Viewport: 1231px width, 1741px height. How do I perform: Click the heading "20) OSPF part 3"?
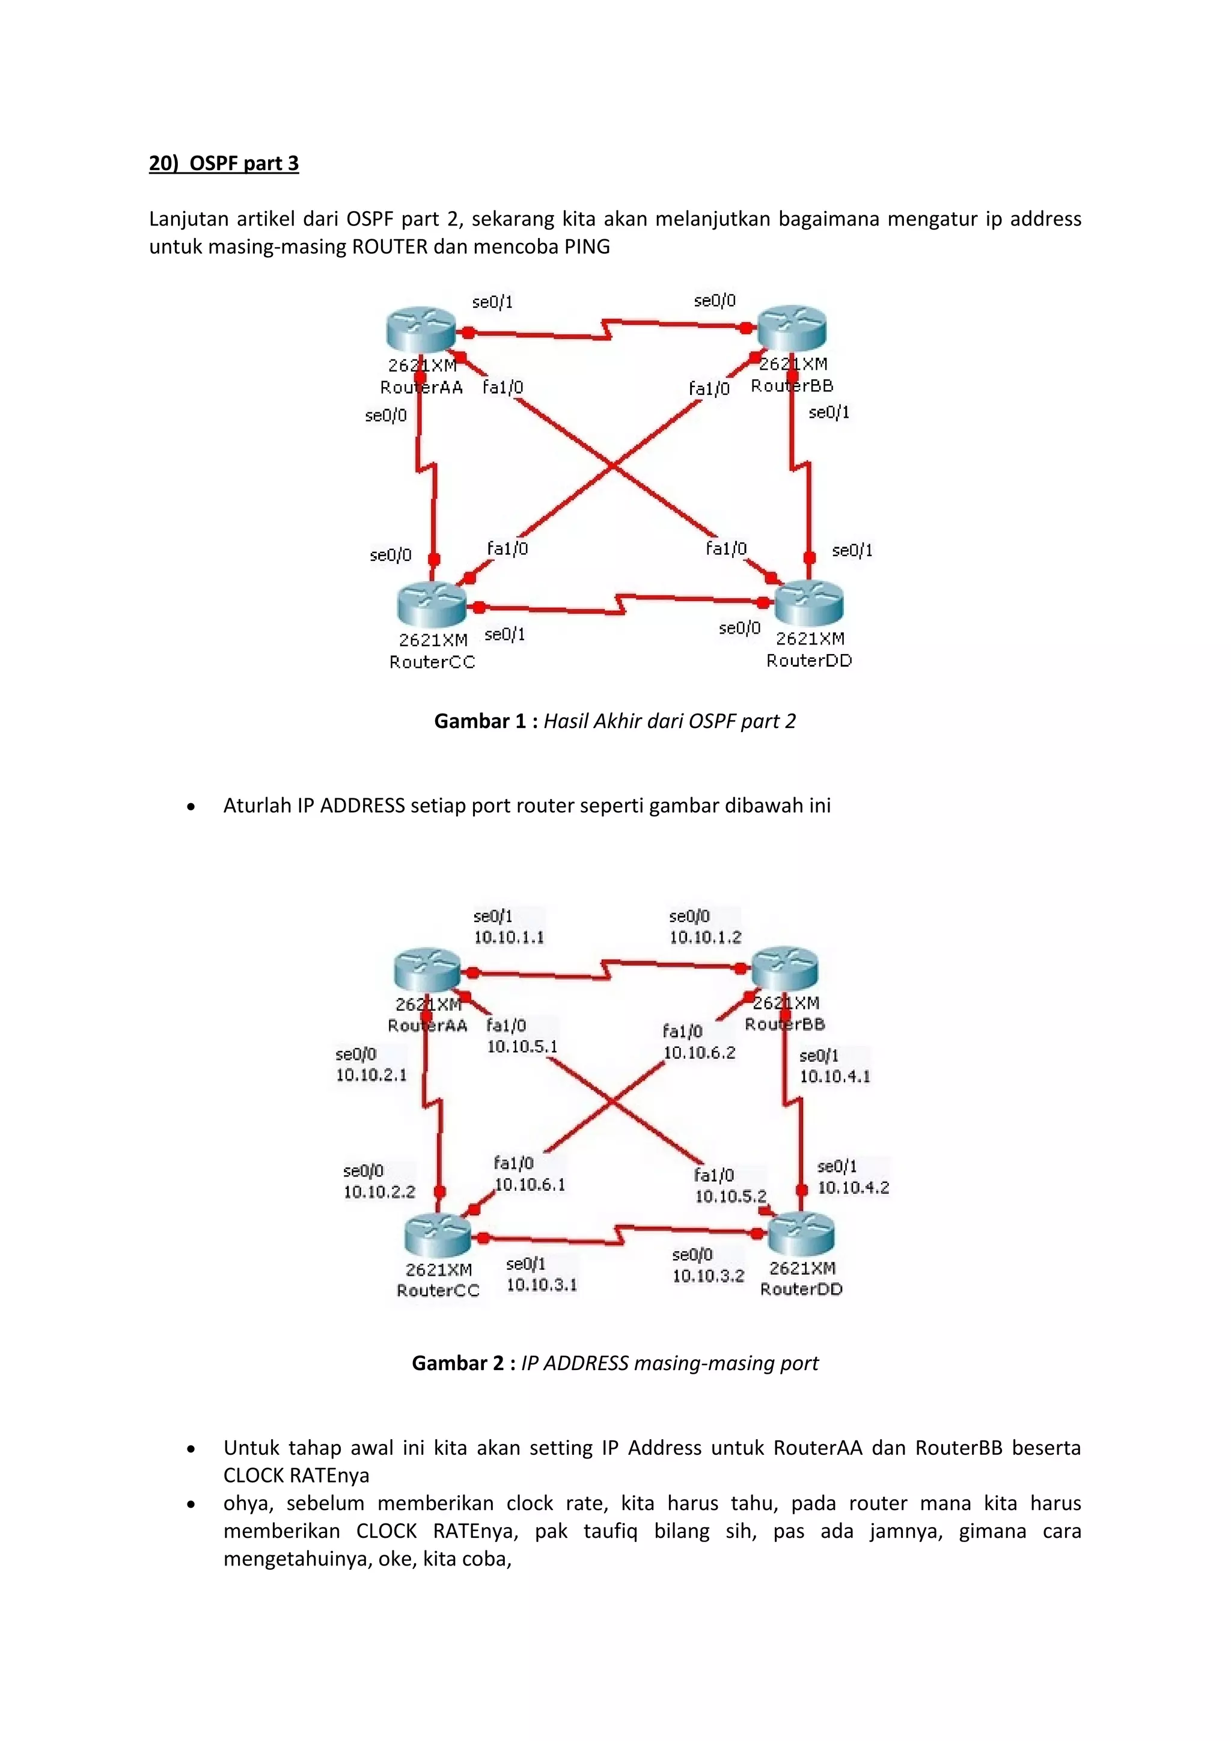[224, 163]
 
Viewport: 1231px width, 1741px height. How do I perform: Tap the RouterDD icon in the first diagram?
[809, 604]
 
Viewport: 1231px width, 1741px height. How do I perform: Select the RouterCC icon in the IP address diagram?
[438, 1235]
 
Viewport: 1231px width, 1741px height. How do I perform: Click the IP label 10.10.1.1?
[509, 937]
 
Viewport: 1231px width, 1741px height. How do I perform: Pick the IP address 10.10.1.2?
[705, 937]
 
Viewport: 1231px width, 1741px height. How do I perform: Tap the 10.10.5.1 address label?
[522, 1047]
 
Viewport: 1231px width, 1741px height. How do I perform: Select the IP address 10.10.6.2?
[699, 1053]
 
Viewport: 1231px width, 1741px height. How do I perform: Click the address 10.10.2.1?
[371, 1074]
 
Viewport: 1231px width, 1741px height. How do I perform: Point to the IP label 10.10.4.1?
[834, 1076]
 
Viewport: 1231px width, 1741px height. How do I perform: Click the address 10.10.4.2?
[853, 1187]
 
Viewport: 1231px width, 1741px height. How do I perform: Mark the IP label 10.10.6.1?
[530, 1184]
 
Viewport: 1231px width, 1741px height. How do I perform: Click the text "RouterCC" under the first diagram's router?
[432, 662]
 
